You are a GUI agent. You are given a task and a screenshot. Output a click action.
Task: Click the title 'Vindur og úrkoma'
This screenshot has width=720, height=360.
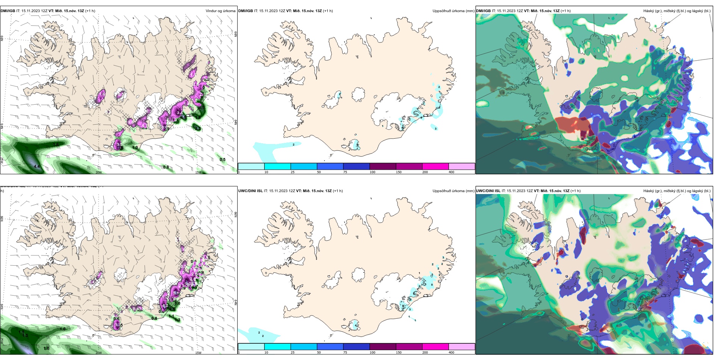click(221, 11)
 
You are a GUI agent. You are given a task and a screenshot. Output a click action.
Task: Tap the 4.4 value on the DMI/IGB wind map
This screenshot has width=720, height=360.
click(36, 166)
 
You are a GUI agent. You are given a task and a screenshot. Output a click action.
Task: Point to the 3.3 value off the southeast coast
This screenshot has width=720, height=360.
click(198, 128)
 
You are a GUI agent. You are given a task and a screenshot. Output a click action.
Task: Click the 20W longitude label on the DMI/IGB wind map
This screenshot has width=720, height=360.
click(99, 172)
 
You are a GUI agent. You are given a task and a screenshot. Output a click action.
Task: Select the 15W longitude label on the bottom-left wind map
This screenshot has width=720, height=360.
click(198, 353)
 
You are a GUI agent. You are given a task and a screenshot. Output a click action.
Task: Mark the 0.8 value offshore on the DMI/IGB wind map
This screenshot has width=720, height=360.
click(166, 167)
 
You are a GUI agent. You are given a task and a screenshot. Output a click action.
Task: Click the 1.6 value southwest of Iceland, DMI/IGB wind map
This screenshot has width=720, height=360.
click(56, 145)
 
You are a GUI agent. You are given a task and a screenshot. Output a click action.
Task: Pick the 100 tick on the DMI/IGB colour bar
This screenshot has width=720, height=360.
click(373, 172)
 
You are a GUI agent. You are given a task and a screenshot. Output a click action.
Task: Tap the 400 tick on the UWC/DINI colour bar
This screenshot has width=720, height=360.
click(451, 352)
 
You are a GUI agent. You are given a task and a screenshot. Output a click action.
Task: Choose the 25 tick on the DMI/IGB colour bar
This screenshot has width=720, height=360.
click(293, 172)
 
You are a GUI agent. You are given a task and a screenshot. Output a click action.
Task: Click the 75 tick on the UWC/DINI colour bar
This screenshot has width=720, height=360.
click(345, 352)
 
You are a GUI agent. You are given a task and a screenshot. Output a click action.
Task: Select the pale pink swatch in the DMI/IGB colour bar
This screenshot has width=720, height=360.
click(462, 166)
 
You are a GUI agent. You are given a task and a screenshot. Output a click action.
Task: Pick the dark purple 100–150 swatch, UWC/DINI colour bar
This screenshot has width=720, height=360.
click(383, 347)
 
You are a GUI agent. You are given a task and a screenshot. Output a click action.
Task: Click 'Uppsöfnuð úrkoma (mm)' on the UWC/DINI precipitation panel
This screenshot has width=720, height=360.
click(453, 191)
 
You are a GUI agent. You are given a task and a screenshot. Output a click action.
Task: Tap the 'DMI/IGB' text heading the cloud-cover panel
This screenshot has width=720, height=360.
click(484, 11)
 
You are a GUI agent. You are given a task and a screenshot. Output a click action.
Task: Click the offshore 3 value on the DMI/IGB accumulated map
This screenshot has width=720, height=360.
click(436, 128)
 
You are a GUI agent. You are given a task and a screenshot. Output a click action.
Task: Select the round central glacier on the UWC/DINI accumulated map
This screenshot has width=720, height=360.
click(358, 274)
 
